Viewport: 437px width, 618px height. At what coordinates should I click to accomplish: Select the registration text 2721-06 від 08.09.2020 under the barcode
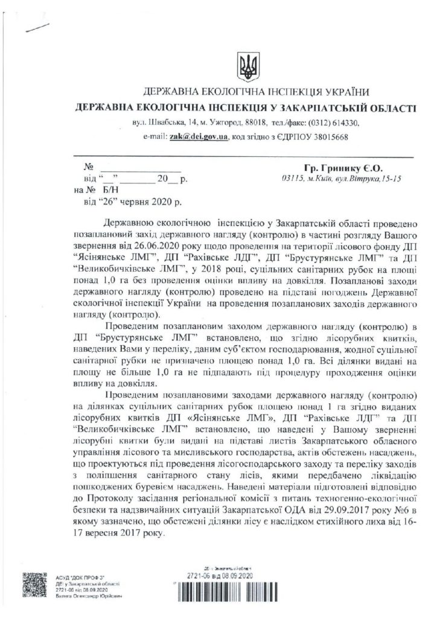(215, 575)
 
